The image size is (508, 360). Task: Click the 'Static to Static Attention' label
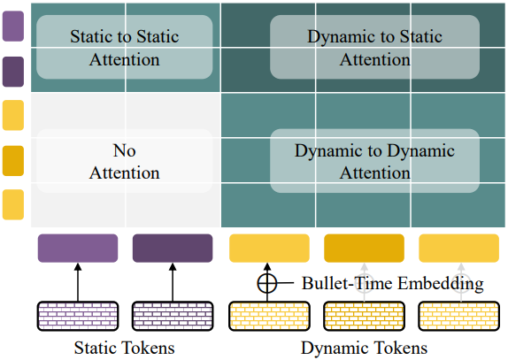point(125,48)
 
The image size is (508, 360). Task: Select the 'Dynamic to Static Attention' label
point(375,48)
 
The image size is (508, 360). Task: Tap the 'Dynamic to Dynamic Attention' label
point(374,161)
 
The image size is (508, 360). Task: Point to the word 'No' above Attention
point(125,150)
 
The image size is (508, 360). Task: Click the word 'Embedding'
point(441,284)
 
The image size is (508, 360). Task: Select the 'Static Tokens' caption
point(125,348)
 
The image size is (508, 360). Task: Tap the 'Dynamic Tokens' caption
point(364,349)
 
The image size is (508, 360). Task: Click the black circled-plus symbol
point(267,283)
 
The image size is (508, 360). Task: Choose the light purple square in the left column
point(13,27)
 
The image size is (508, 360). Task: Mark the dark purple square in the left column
point(13,72)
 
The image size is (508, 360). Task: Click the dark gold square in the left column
point(13,161)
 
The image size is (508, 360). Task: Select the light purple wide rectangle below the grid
point(78,248)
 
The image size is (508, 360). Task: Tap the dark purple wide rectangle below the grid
point(173,248)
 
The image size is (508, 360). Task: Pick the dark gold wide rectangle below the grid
point(364,248)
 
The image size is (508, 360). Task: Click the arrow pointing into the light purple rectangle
point(78,282)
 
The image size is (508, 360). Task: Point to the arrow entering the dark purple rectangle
point(173,282)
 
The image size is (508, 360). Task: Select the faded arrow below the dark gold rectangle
point(364,282)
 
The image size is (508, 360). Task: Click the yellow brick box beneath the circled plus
point(269,316)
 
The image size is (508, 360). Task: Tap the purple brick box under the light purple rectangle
point(78,316)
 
